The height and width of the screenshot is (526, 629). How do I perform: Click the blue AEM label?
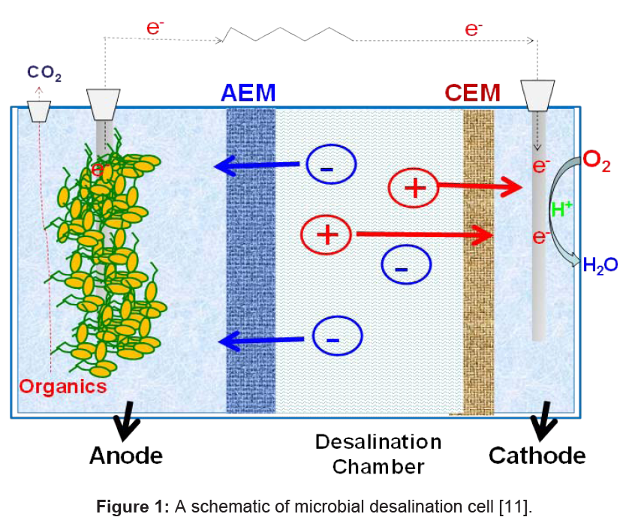click(x=248, y=92)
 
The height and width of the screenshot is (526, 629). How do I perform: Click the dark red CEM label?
click(x=472, y=92)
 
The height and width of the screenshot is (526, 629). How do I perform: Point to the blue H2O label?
click(x=600, y=264)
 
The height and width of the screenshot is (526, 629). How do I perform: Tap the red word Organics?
click(x=63, y=386)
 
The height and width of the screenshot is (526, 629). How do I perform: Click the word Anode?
click(x=125, y=455)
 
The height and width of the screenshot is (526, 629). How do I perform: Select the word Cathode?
click(x=537, y=455)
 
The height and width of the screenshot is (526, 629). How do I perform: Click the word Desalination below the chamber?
click(x=378, y=441)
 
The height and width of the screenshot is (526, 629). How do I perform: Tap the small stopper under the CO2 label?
click(x=39, y=112)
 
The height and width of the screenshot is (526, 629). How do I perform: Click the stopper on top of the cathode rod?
click(x=538, y=95)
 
